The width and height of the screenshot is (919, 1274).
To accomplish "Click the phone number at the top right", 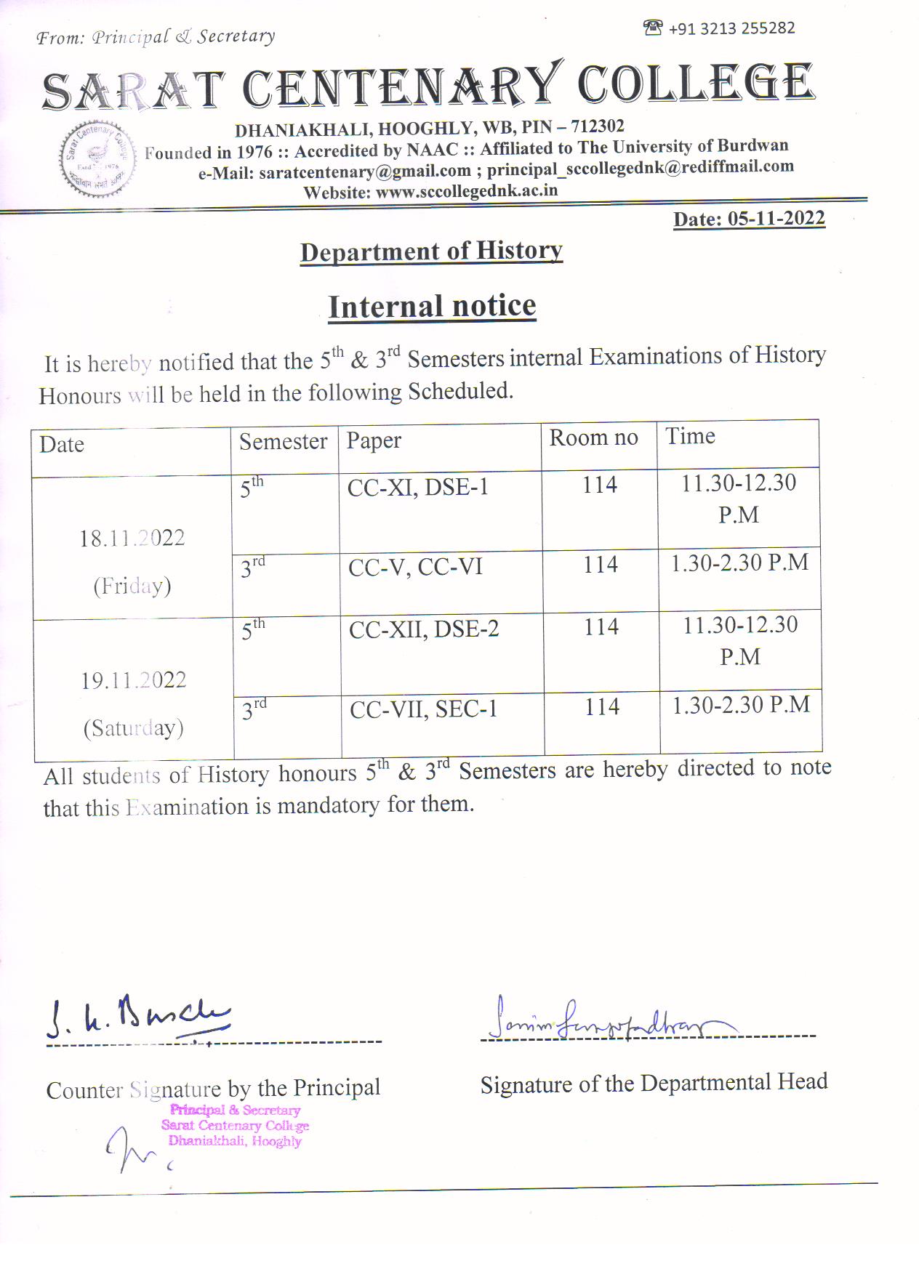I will pos(730,28).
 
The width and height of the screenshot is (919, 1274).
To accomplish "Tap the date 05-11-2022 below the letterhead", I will pos(776,219).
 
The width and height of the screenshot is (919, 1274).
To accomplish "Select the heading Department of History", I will pos(431,251).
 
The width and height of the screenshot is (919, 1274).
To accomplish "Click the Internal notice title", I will pos(432,306).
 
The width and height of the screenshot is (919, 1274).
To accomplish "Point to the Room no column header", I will pos(593,438).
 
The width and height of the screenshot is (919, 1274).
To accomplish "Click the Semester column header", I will pos(283,441).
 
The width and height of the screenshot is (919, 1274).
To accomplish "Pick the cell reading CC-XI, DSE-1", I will pos(417,487).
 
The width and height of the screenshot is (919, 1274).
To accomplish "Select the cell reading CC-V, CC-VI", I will pos(415,567).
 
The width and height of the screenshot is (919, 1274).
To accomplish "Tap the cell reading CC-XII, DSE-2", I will pos(424,629).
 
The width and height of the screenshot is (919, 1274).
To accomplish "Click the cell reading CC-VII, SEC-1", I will pos(423,709).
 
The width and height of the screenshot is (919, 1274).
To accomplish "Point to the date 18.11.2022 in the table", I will pos(132,539).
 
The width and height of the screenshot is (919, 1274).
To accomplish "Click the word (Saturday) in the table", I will pos(133,727).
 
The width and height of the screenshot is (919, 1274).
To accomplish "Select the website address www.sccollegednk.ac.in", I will pos(466,191).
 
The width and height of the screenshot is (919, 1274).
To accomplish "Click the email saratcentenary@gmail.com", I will pos(364,172).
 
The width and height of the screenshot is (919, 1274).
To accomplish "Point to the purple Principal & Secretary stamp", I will pos(235,1125).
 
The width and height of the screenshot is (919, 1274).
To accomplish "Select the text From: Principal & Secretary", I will pos(156,37).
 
